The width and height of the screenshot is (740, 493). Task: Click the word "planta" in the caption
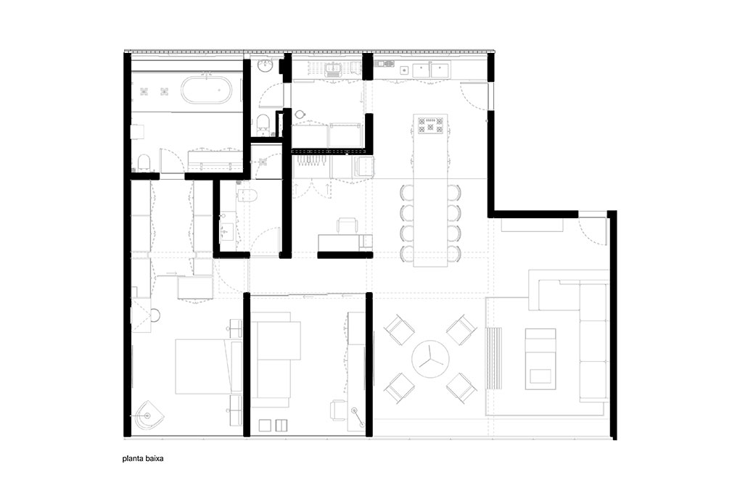click(133, 458)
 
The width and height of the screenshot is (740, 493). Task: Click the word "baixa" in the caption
click(155, 458)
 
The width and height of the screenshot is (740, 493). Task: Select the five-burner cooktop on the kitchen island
click(431, 125)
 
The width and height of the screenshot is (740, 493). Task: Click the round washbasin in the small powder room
click(266, 65)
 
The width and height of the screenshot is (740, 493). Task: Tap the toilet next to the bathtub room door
click(143, 162)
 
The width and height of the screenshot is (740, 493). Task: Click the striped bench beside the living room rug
click(493, 358)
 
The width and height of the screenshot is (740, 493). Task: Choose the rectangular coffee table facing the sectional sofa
click(540, 359)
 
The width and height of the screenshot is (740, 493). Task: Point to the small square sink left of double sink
click(404, 70)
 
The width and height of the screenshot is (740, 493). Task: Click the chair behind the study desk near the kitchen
click(348, 225)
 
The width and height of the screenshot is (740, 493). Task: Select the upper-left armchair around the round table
click(399, 330)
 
